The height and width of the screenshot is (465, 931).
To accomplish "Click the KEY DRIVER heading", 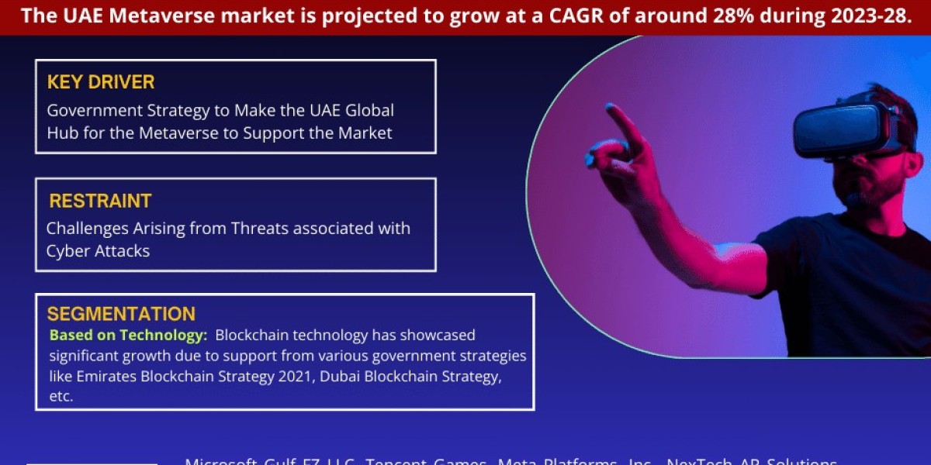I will tap(101, 82).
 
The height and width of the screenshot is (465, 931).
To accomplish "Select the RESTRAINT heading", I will tap(100, 201).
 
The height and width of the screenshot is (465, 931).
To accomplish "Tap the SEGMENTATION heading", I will tap(121, 314).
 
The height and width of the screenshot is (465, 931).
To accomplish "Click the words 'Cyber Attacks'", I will tap(98, 251).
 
